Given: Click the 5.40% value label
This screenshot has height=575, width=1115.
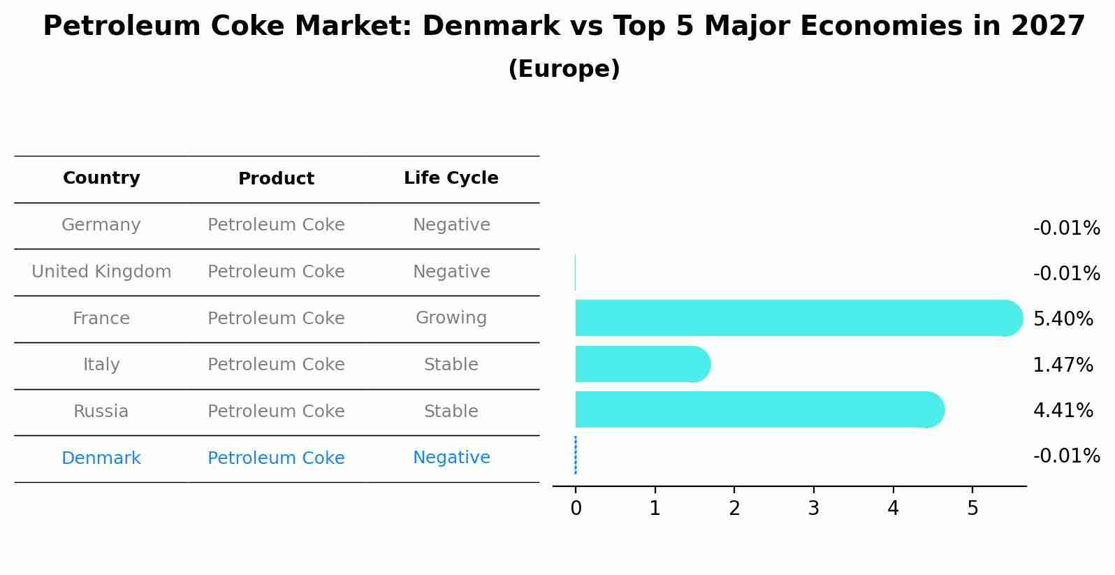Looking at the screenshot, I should pos(1063,319).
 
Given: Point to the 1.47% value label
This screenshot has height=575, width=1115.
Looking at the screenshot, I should pos(1063,365).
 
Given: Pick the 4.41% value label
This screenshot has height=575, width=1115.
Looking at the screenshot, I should pos(1063,410).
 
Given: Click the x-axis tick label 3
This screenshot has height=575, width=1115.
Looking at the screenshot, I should pos(813,509).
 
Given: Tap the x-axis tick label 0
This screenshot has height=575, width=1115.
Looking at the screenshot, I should pos(576,509).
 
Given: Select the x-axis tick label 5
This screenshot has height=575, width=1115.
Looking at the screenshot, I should pos(972,509).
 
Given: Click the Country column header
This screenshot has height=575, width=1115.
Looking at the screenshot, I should pos(101,178).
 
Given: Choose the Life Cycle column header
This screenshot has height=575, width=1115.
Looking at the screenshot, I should pos(451,178).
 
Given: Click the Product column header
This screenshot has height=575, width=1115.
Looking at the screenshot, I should pos(276,179).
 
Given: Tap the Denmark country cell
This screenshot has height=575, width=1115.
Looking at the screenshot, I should pos(101,458).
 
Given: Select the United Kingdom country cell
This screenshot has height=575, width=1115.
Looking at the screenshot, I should pos(101,272).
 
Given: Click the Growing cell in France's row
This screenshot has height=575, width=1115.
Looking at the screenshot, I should pos(451,318).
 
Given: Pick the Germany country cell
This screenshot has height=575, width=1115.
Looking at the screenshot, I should pos(101,225).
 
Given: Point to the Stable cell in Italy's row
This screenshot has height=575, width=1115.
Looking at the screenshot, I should pos(451,365).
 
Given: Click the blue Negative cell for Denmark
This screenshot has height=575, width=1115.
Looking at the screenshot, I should pos(451,458).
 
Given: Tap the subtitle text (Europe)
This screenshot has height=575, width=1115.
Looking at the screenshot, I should pos(564,69).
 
